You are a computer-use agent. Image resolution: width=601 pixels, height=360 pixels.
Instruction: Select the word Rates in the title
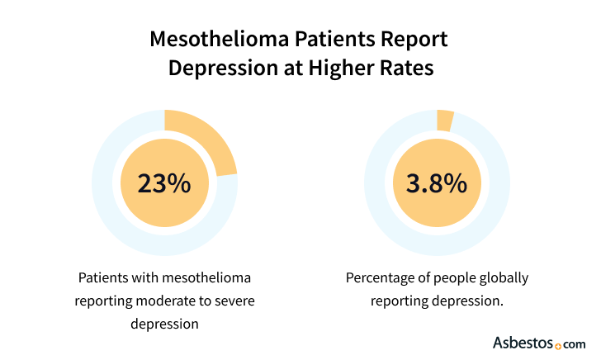408,67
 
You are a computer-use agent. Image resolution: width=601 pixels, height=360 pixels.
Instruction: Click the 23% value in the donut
164,183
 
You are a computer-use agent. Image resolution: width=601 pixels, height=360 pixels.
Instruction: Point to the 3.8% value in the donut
437,183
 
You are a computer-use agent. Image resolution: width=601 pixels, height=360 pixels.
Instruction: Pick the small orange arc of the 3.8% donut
445,121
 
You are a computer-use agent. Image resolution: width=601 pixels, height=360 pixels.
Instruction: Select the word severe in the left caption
234,300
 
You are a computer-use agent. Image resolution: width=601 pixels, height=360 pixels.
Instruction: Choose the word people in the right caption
452,277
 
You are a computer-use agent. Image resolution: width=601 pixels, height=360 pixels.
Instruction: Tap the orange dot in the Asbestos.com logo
559,345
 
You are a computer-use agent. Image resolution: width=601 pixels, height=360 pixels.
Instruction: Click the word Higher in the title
339,67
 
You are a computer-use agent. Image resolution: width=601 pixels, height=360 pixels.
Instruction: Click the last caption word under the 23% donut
164,323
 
